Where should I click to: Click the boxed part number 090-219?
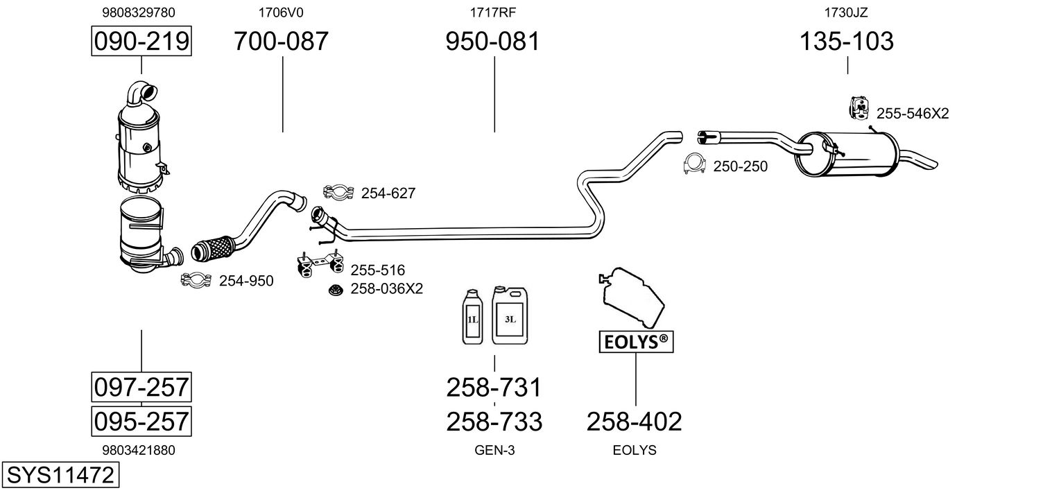pyautogui.click(x=141, y=42)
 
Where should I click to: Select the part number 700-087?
pyautogui.click(x=281, y=42)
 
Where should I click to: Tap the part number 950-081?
pyautogui.click(x=492, y=42)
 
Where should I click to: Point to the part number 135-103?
pyautogui.click(x=847, y=42)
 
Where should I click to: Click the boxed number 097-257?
pyautogui.click(x=141, y=387)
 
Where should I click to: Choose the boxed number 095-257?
pyautogui.click(x=141, y=421)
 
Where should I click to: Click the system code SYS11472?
pyautogui.click(x=60, y=476)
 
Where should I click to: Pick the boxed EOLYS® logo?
pyautogui.click(x=636, y=341)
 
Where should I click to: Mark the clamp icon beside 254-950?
pyautogui.click(x=196, y=280)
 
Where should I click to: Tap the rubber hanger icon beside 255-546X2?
pyautogui.click(x=859, y=107)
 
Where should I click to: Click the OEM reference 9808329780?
pyautogui.click(x=138, y=12)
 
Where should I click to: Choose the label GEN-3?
pyautogui.click(x=494, y=450)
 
